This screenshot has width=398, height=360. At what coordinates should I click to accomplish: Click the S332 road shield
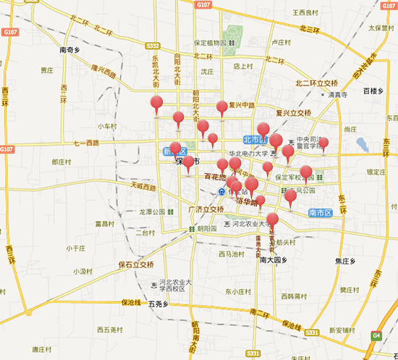point(152,46)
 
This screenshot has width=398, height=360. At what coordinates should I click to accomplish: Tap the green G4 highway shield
point(376,335)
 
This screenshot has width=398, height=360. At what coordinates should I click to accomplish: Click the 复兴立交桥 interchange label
point(293,113)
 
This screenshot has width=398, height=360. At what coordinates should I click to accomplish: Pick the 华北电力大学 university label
point(249,154)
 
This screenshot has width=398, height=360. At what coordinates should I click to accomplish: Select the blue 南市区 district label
point(319,212)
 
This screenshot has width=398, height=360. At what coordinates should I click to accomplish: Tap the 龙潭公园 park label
point(152,212)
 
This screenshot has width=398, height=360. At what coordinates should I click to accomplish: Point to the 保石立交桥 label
point(136,264)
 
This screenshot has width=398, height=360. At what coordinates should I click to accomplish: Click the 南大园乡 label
point(274,259)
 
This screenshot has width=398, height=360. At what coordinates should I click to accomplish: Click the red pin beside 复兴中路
point(221,109)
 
